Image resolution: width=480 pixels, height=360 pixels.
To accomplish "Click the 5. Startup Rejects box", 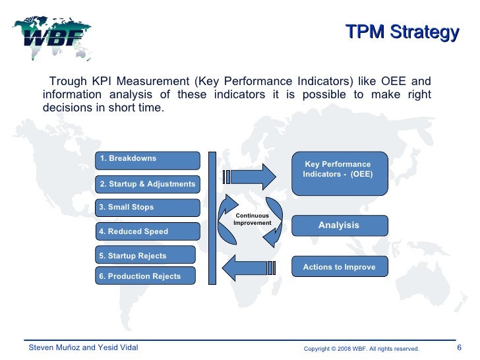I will (146, 255).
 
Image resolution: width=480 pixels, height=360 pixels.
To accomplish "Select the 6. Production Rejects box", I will (146, 276).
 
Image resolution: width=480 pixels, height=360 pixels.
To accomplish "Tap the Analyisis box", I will (339, 225).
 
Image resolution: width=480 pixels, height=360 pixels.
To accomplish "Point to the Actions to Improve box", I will (339, 267).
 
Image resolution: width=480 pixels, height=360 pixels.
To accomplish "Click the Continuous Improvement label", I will (253, 220).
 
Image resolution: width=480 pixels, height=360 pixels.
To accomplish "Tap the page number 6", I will (459, 347).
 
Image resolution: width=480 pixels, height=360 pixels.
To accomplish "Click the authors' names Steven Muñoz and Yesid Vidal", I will (82, 347).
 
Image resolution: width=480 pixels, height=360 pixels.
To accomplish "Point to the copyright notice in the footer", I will (361, 348).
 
